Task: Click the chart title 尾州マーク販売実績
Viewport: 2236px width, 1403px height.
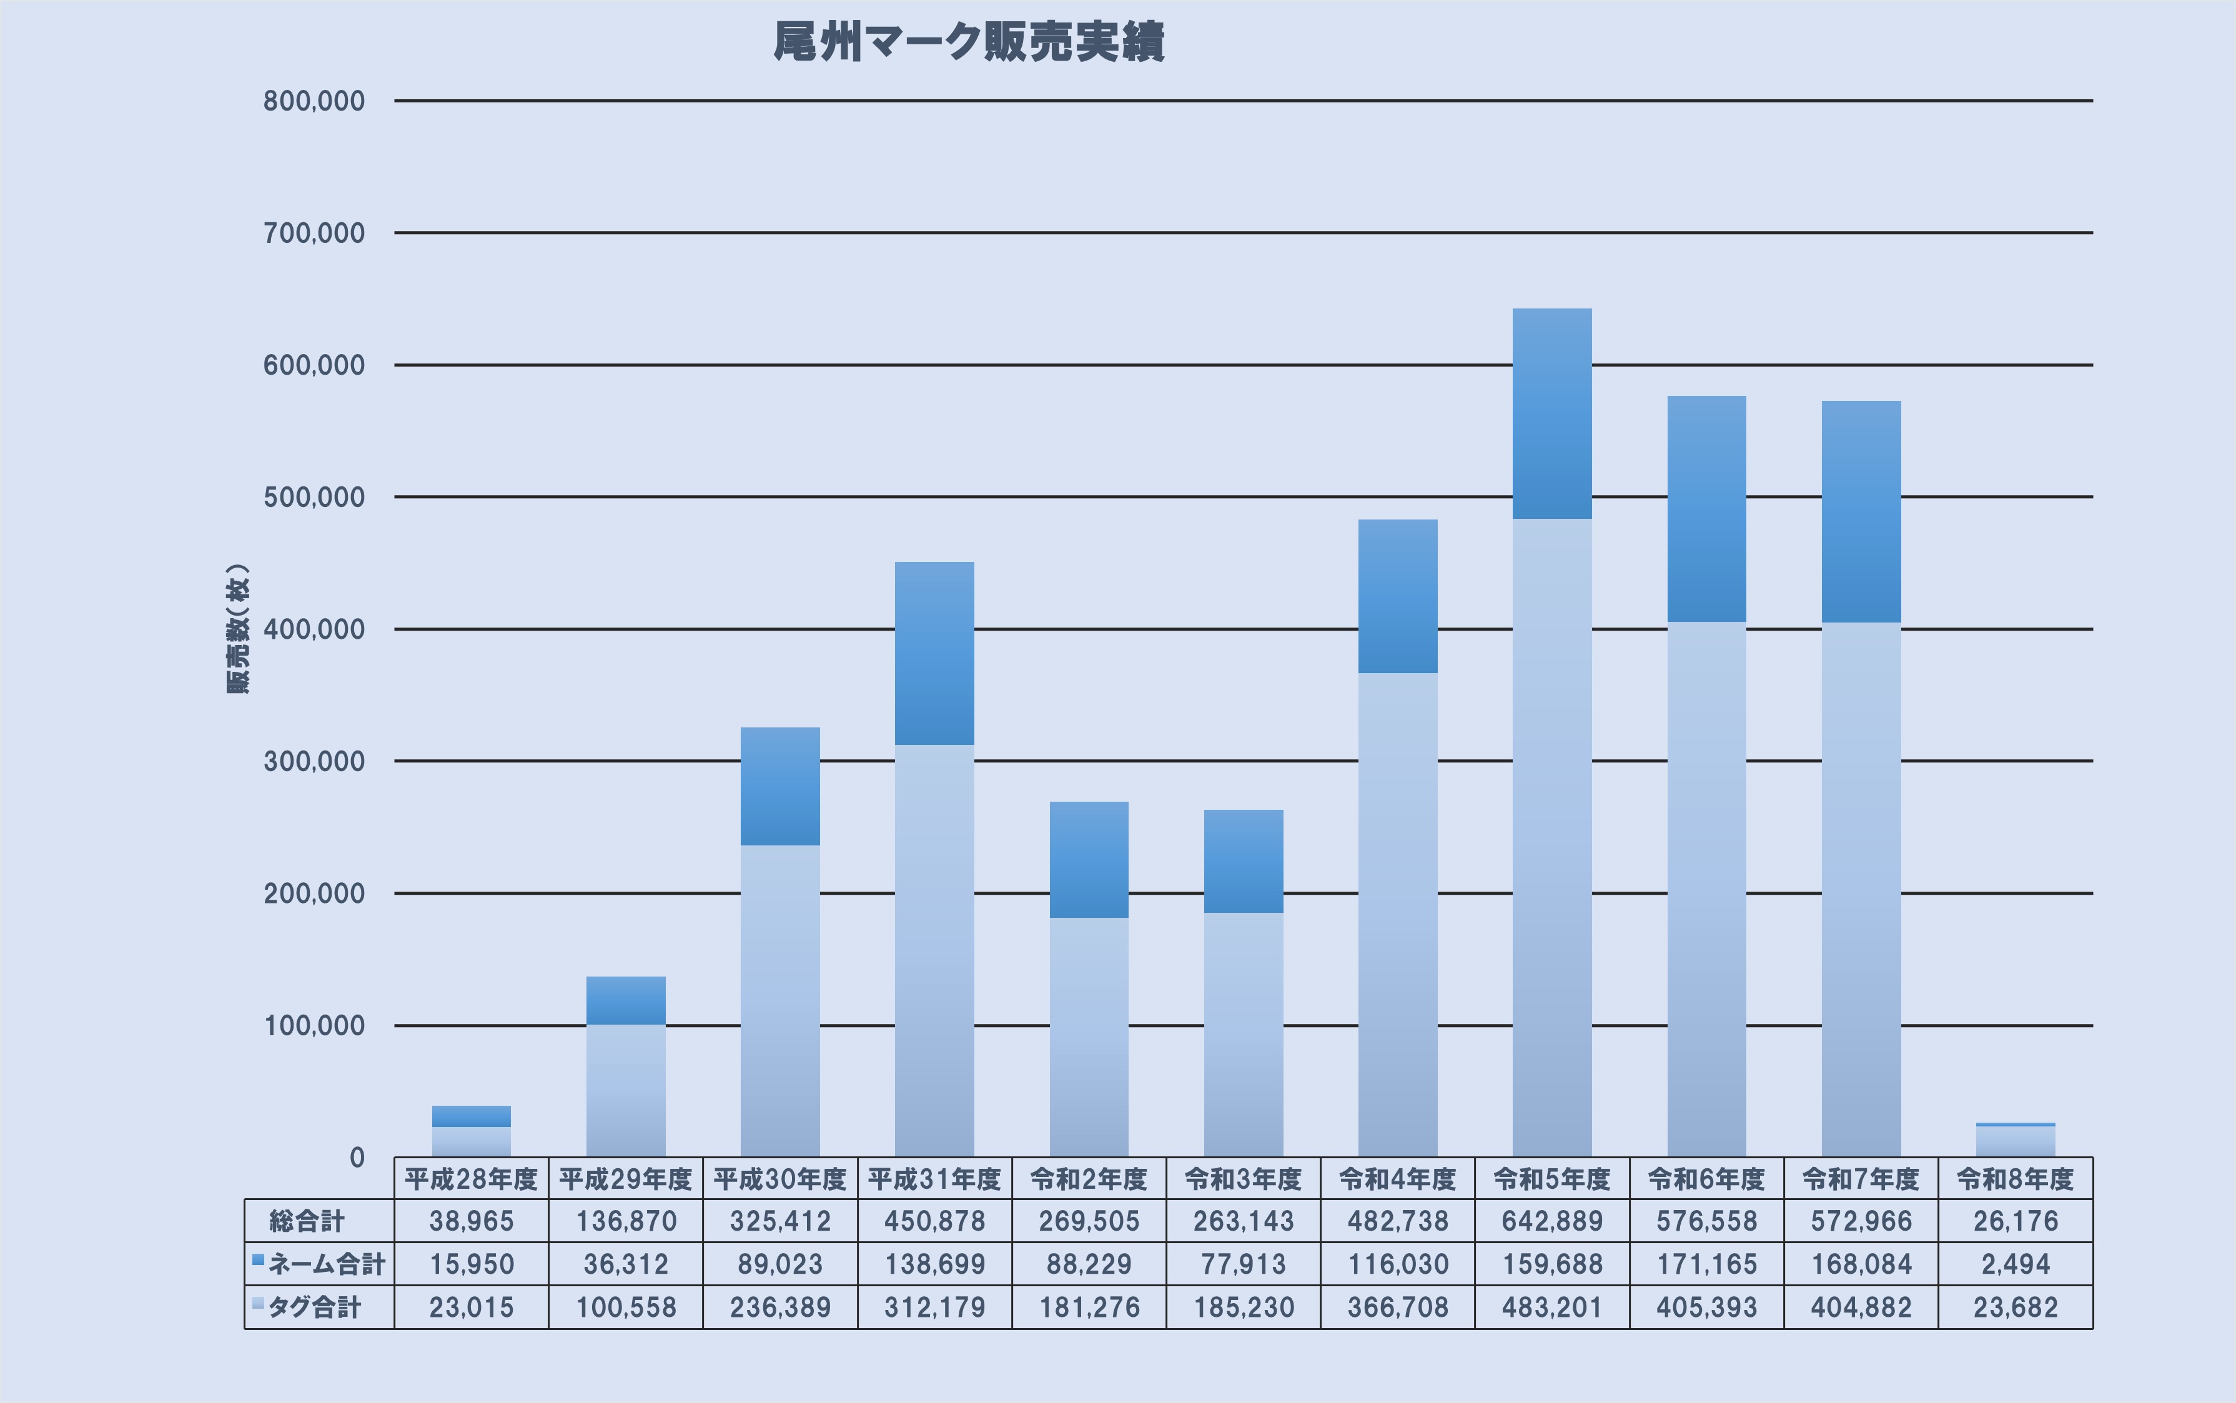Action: (x=969, y=42)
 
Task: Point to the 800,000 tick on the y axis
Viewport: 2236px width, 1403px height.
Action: (x=314, y=101)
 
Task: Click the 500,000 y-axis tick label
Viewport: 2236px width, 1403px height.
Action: (x=314, y=498)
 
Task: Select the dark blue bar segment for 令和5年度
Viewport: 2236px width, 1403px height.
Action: (x=1552, y=414)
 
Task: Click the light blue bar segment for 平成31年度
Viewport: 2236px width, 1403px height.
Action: (x=934, y=951)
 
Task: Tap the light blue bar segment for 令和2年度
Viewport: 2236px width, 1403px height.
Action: (x=1089, y=1037)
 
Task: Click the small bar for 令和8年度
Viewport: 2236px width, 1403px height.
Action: (x=2015, y=1140)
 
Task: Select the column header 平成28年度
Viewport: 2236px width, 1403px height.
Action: (x=472, y=1179)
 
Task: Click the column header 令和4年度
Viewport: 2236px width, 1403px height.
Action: (x=1398, y=1179)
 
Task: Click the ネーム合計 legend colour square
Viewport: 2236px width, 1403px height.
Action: (x=258, y=1260)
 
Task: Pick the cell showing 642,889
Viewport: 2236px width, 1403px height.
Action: (x=1552, y=1221)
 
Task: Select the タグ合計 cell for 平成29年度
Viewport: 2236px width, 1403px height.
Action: (x=626, y=1307)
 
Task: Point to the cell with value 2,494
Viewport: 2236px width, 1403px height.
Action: (x=2015, y=1264)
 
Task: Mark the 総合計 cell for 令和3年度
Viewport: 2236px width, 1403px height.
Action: (x=1244, y=1221)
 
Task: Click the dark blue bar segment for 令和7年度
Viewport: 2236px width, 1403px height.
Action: (x=1861, y=512)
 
